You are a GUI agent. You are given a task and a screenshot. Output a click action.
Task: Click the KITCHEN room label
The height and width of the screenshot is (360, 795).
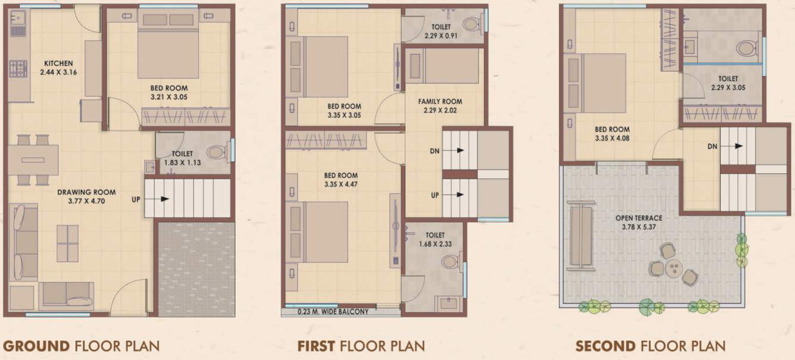[58, 63]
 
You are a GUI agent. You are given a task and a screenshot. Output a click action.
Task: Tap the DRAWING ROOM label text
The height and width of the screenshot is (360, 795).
[86, 192]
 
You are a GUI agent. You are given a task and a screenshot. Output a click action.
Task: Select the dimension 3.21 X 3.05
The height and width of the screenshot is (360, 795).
[168, 97]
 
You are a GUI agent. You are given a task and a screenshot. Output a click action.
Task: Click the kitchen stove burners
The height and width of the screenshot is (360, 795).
[18, 69]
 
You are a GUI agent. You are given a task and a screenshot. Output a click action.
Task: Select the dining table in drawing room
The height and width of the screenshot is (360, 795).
[33, 160]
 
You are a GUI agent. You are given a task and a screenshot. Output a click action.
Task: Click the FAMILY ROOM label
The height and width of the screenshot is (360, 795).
[440, 102]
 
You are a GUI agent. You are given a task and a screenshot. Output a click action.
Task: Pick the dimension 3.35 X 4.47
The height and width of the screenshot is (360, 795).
[340, 184]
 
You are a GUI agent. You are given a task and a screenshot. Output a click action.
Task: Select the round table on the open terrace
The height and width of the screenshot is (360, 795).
[672, 267]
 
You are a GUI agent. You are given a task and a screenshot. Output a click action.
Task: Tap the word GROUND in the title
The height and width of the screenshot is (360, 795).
[36, 345]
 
